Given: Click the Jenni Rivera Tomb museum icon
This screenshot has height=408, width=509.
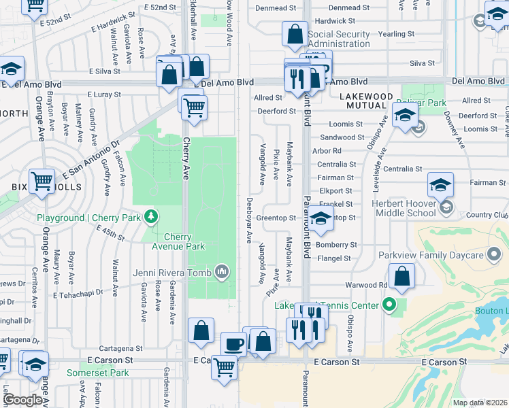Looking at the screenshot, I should pos(222,273).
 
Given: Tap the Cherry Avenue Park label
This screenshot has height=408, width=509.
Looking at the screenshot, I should pos(184,241).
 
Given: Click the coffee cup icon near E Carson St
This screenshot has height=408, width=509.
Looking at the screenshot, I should pos(234,343).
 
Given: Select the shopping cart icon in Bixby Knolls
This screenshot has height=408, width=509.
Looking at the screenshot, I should pos(42,181).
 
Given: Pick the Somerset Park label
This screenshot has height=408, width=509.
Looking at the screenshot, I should pos(98,373).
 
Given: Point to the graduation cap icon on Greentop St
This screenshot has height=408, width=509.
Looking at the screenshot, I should pos(320,220).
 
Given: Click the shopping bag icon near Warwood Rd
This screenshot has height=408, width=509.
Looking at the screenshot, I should pos(403,276).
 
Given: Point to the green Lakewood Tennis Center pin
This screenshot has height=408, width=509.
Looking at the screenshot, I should pos(389,304).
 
